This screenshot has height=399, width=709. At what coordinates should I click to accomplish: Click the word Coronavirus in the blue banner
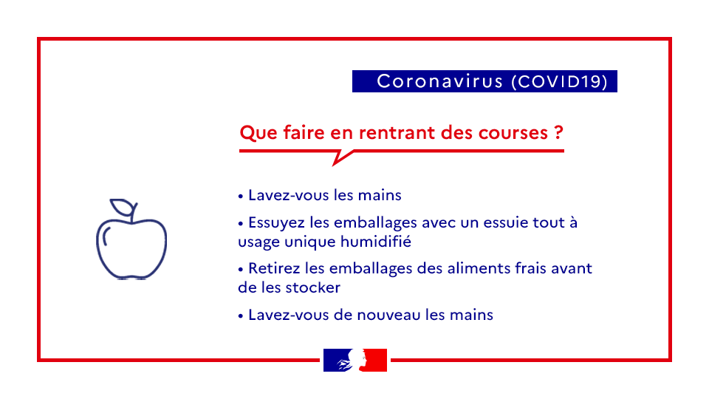[x=439, y=81]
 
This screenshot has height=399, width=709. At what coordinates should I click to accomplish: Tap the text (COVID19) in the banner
[x=559, y=81]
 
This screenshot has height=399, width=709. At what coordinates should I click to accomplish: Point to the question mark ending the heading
[x=558, y=132]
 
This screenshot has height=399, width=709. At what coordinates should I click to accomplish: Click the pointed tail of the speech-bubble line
[x=334, y=165]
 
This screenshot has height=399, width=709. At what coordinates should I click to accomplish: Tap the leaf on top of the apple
[x=122, y=207]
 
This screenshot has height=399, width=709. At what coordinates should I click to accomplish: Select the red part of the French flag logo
[x=375, y=360]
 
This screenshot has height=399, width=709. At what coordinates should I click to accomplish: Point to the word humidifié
[x=376, y=241]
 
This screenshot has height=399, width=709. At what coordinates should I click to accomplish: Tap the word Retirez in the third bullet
[x=274, y=269]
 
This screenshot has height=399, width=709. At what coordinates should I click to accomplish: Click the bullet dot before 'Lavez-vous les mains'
[x=241, y=197]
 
